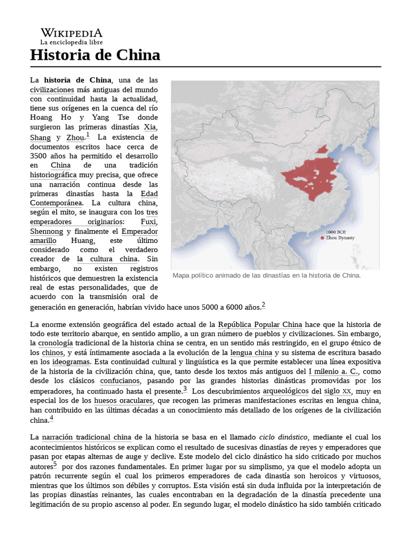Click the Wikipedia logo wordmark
[72, 33]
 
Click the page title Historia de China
[95, 55]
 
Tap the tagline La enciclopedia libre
[72, 42]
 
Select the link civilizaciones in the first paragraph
[52, 89]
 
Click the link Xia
[150, 127]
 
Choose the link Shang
[41, 138]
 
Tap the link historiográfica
[54, 175]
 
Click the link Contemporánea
[56, 203]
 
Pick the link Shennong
[47, 231]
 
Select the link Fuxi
[149, 222]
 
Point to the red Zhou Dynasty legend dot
[322, 238]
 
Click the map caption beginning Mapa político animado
[267, 276]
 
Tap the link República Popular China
[260, 325]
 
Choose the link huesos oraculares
[124, 400]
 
